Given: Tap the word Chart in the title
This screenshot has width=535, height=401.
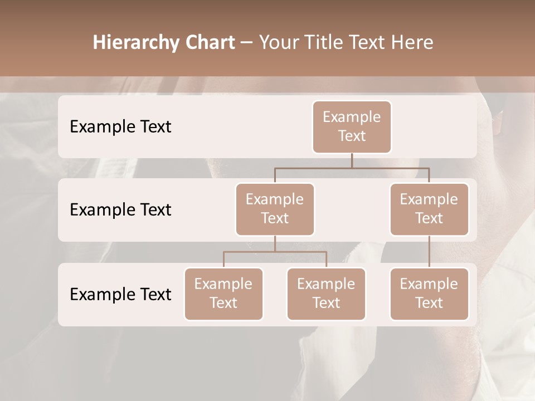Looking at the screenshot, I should pyautogui.click(x=209, y=43).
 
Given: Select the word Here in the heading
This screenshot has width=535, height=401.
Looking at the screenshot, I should pyautogui.click(x=413, y=43).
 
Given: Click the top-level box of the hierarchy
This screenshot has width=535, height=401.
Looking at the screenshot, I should pyautogui.click(x=352, y=126).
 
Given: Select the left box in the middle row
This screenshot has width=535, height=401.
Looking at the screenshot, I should pyautogui.click(x=275, y=209).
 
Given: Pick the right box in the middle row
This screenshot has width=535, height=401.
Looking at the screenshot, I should pyautogui.click(x=429, y=209).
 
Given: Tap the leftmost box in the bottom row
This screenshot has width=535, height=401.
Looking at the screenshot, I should pyautogui.click(x=223, y=294).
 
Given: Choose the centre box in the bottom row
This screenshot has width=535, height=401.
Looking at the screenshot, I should pyautogui.click(x=326, y=294).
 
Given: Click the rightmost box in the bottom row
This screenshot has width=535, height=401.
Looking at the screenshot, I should pyautogui.click(x=429, y=294).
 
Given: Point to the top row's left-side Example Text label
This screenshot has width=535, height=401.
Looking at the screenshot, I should pyautogui.click(x=120, y=126).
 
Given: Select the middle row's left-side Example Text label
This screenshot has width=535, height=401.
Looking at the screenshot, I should pyautogui.click(x=120, y=209).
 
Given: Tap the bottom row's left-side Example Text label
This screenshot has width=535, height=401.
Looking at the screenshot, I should pyautogui.click(x=120, y=294).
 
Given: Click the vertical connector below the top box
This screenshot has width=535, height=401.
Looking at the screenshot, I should pyautogui.click(x=352, y=160).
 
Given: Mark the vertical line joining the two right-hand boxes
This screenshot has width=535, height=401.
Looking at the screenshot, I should pyautogui.click(x=429, y=252).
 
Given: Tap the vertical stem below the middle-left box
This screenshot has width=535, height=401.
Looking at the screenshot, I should pyautogui.click(x=275, y=243).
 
